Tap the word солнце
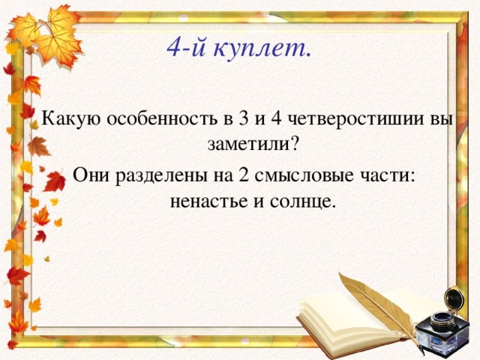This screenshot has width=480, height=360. (x=304, y=200)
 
